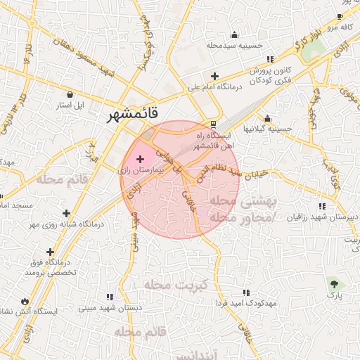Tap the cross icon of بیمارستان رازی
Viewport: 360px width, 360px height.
coord(139,160)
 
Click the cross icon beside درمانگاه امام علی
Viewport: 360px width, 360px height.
coord(214,77)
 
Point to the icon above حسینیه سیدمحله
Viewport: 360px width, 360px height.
coord(234,34)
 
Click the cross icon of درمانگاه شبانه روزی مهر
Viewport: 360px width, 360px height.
coord(66,213)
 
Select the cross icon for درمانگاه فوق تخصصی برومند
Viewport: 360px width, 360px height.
coord(49,251)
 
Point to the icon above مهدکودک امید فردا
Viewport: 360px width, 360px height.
coord(245,292)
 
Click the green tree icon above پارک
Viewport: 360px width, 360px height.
coord(334,284)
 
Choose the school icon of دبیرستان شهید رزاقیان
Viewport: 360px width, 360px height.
coord(322,206)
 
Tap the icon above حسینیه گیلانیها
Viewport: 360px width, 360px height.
coord(266,119)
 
